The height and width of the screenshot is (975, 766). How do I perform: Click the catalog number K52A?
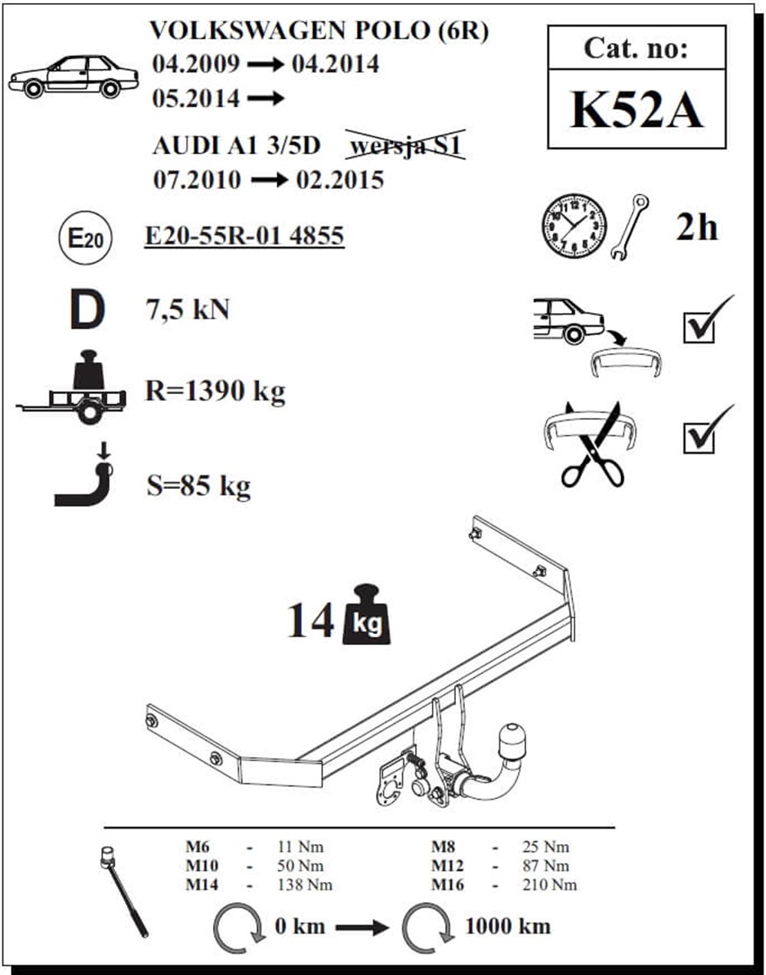636,110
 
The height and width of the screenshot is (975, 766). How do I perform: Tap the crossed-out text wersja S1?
405,145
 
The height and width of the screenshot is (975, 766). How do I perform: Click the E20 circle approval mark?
85,238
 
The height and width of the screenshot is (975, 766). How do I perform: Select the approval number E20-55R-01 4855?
244,236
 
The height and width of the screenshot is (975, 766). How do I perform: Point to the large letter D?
86,311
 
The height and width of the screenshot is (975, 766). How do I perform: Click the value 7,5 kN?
188,310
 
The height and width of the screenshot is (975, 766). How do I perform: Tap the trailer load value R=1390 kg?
215,391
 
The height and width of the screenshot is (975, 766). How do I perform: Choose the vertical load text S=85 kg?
198,485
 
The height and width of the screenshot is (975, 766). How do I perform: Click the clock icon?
574,226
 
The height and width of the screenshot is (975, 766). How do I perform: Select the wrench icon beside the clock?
630,227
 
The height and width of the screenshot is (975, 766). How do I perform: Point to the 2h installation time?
696,227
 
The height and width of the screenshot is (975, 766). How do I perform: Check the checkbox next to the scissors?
699,437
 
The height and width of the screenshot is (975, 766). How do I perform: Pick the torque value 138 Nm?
305,885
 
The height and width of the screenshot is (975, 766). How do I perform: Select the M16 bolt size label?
447,885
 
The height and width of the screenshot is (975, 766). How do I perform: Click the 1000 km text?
508,926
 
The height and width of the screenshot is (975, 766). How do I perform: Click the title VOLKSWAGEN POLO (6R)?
319,31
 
